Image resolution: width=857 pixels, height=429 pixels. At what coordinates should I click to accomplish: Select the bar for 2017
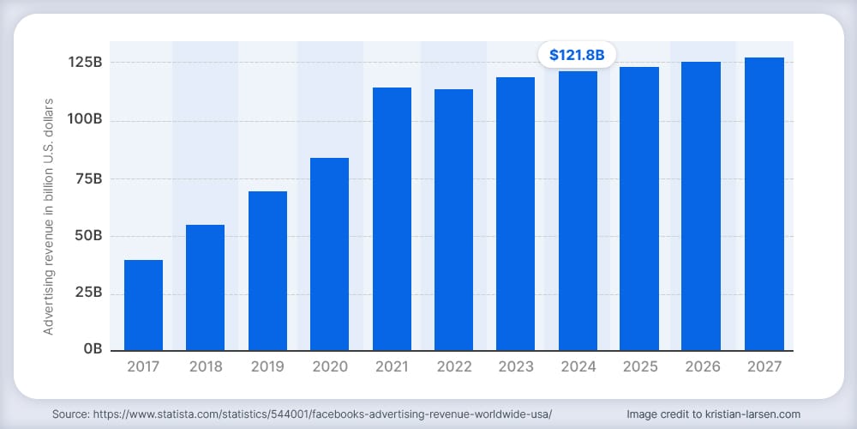pyautogui.click(x=143, y=305)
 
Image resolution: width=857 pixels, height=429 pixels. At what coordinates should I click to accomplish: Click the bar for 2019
pyautogui.click(x=267, y=271)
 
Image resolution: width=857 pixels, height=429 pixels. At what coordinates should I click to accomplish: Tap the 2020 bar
pyautogui.click(x=329, y=255)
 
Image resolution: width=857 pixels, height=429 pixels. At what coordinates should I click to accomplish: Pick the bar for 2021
pyautogui.click(x=392, y=219)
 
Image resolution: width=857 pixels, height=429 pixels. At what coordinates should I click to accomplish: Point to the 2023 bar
pyautogui.click(x=515, y=214)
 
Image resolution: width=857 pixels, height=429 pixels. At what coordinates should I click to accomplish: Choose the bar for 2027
pyautogui.click(x=764, y=204)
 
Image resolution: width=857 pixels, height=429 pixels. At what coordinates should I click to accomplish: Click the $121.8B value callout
pyautogui.click(x=577, y=55)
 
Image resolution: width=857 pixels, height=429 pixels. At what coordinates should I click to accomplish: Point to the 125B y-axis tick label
pyautogui.click(x=85, y=63)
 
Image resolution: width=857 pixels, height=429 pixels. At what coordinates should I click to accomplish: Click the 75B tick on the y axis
pyautogui.click(x=87, y=179)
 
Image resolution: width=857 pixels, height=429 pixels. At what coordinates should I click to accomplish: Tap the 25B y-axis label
pyautogui.click(x=87, y=293)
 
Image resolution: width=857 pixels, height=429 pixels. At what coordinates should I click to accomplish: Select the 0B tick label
pyautogui.click(x=93, y=348)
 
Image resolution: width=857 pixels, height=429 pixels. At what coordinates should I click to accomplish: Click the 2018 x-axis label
pyautogui.click(x=206, y=366)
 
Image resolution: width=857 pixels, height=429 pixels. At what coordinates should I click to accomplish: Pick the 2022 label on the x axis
pyautogui.click(x=453, y=366)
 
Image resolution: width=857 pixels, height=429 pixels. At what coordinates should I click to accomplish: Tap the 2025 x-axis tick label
pyautogui.click(x=639, y=366)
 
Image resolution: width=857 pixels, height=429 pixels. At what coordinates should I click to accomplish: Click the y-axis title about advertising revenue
pyautogui.click(x=49, y=217)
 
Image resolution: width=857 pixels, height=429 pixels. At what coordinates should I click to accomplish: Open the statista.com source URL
pyautogui.click(x=322, y=414)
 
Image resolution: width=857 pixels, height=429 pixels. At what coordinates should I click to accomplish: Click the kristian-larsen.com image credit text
pyautogui.click(x=713, y=414)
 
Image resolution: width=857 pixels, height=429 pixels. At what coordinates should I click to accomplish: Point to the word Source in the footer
pyautogui.click(x=70, y=414)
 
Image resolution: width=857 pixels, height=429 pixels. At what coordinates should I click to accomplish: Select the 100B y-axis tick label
pyautogui.click(x=85, y=121)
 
